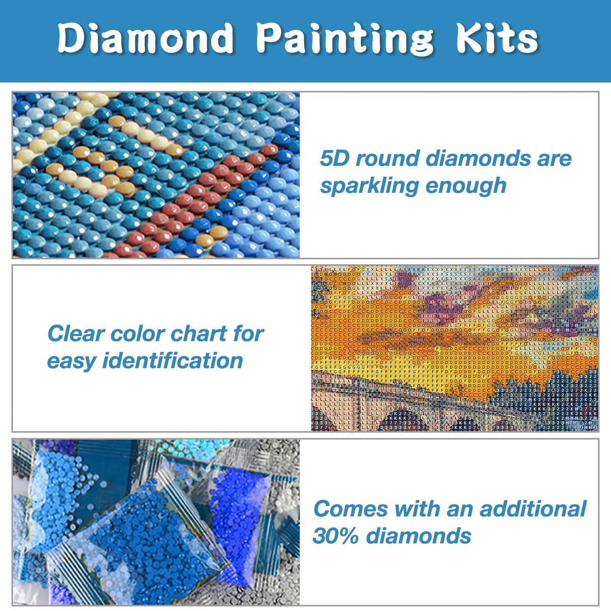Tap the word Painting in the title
(x=345, y=39)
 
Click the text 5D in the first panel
(x=335, y=159)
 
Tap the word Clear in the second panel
(x=75, y=334)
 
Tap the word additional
(x=533, y=509)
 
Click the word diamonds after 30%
(x=419, y=536)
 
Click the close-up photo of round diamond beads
(x=156, y=175)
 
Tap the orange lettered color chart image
(x=455, y=348)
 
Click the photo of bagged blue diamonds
(x=156, y=522)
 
